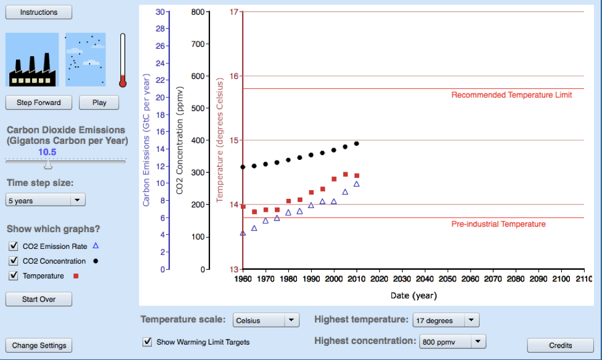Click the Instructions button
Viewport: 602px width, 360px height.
39,12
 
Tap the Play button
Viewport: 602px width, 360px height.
99,103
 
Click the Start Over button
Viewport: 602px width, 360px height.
39,299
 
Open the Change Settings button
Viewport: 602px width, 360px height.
39,345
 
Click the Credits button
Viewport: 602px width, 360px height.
560,345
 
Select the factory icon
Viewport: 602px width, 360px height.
32,60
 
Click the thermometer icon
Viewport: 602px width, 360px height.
123,60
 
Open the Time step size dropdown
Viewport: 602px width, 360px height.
46,200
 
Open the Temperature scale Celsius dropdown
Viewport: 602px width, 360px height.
266,320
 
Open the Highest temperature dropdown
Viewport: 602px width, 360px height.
445,320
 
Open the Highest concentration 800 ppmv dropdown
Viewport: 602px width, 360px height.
452,341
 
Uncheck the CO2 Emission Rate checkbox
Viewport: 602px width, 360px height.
14,246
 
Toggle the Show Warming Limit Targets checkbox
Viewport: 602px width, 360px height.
147,341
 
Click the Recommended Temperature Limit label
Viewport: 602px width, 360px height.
511,95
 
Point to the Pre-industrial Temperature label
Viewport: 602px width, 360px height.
498,224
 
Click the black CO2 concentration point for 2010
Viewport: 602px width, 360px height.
356,144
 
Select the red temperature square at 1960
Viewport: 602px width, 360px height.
243,207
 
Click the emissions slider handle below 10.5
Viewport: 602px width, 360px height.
48,164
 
